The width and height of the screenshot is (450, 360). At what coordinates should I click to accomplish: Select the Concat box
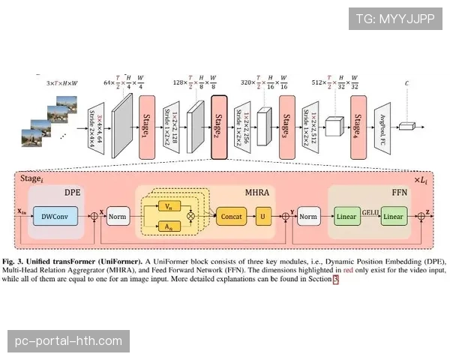[230, 217]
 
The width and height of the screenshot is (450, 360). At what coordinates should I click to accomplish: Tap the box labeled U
[263, 217]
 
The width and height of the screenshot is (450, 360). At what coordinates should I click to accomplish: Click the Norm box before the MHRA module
[118, 217]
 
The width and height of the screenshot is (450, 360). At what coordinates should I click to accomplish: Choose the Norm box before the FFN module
[308, 217]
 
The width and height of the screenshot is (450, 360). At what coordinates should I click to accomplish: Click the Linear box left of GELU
[346, 217]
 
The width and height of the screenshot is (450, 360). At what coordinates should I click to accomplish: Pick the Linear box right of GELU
[393, 217]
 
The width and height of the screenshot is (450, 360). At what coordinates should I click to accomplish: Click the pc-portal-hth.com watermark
[68, 341]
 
